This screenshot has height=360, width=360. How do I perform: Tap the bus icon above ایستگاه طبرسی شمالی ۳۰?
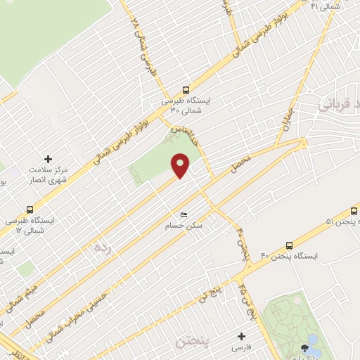186,90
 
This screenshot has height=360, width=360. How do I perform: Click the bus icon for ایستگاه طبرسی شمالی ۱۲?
30,209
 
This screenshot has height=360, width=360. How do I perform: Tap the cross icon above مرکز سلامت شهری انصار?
48,160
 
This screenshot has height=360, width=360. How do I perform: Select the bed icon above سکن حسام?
184,215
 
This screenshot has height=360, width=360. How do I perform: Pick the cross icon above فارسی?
242,337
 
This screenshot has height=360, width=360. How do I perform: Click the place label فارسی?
242,348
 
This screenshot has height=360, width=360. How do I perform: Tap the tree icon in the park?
304,347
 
